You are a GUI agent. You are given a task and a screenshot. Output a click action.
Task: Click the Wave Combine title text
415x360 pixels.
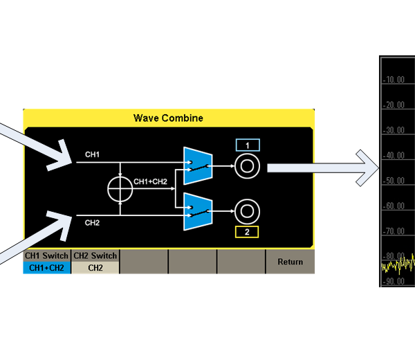(168, 118)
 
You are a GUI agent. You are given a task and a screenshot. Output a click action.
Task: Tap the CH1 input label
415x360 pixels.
(92, 154)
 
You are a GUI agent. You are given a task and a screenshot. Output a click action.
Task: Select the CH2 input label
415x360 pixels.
(92, 223)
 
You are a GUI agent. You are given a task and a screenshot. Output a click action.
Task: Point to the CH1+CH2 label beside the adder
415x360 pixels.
(150, 181)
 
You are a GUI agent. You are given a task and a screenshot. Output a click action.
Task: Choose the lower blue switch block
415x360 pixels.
(196, 211)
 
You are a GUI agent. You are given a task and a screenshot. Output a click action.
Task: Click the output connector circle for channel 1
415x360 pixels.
(247, 167)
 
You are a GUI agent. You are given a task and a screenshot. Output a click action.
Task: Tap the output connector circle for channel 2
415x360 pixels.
(247, 210)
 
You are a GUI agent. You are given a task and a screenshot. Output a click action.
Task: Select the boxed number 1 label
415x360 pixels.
(247, 145)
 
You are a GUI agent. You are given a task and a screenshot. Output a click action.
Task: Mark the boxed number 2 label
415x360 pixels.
(247, 232)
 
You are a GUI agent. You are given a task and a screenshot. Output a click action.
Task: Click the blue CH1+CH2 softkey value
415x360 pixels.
(46, 267)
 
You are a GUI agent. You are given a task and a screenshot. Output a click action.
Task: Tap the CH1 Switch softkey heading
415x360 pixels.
(46, 255)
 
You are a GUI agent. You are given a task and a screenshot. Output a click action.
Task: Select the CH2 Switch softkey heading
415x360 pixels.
(95, 255)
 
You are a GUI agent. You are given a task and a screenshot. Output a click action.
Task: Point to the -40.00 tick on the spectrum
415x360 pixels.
(396, 156)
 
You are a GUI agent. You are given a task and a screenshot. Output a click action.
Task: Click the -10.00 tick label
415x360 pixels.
(396, 80)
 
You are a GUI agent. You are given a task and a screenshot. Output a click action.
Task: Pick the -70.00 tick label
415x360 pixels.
(396, 231)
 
